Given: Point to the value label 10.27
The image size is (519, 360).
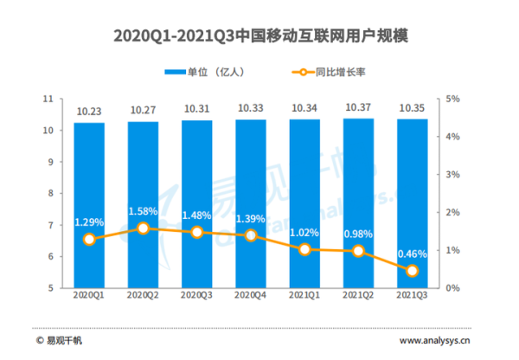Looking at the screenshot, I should tap(143, 109).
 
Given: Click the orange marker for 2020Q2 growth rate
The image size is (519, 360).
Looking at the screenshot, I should tap(143, 228).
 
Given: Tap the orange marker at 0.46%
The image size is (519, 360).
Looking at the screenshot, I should tap(413, 271).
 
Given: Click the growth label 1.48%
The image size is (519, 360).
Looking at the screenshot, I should tap(197, 215).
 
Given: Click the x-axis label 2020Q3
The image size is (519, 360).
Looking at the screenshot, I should tap(197, 295).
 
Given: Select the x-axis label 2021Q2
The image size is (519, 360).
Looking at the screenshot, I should tap(359, 295).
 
